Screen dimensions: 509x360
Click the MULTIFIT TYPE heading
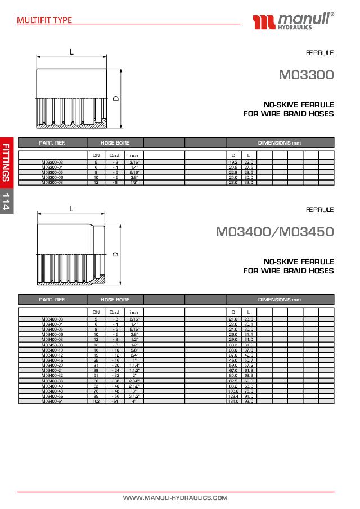tap(44, 20)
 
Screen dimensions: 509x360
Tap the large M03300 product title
tap(306, 74)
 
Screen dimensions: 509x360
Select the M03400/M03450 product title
tap(274, 231)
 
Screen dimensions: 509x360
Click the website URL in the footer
tap(175, 498)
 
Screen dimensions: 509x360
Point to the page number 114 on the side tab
tap(6, 201)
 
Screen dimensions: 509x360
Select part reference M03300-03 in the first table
tap(52, 162)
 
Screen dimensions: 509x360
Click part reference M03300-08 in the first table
tap(52, 182)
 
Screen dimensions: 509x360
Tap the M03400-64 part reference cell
tap(52, 401)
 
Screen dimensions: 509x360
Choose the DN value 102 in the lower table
tap(96, 401)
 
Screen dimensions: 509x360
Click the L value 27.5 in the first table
tap(249, 167)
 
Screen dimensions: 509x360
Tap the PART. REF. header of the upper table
tap(53, 143)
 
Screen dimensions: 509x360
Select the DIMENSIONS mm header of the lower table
tap(280, 300)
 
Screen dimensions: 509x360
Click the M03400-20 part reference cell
tap(52, 365)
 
